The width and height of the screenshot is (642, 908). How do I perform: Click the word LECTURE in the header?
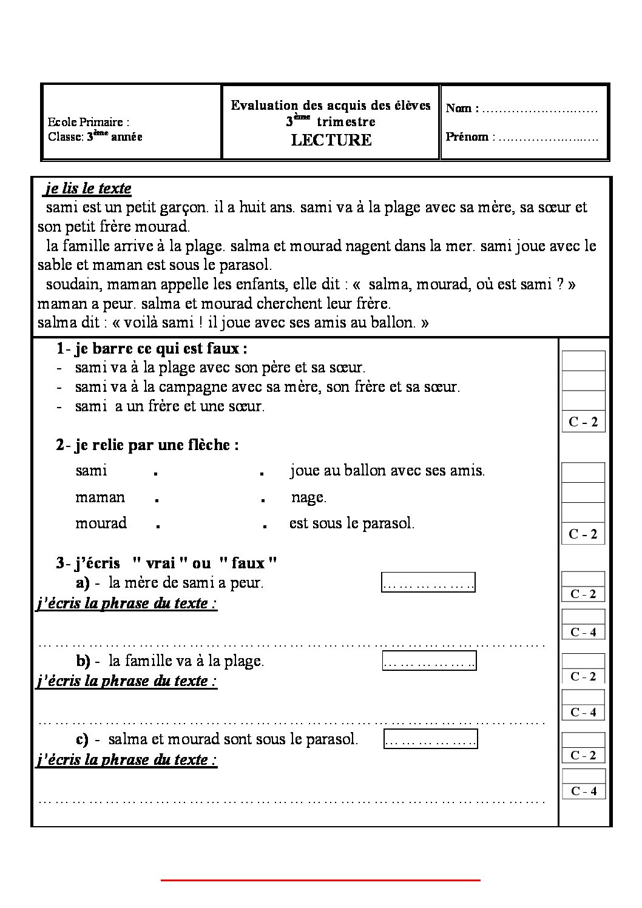331,140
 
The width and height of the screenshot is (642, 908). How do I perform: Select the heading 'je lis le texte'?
88,188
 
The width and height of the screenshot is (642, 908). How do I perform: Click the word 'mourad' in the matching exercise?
101,523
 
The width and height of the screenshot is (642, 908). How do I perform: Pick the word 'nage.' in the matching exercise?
309,497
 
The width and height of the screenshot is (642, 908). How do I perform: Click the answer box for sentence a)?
428,583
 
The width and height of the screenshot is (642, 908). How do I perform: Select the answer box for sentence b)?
429,661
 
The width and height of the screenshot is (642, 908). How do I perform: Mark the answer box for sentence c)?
430,739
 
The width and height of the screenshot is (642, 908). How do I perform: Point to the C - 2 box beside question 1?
583,422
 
